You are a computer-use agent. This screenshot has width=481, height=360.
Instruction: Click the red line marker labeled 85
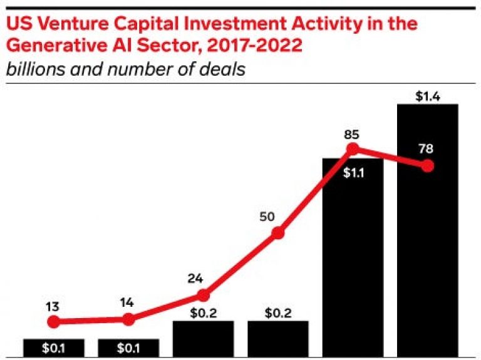click(353, 149)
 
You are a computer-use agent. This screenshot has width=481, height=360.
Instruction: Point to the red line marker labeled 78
click(428, 167)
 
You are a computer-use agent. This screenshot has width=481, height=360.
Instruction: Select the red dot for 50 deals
click(277, 234)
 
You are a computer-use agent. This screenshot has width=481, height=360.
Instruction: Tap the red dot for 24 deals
click(202, 296)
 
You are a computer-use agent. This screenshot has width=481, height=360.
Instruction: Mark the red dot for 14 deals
click(128, 319)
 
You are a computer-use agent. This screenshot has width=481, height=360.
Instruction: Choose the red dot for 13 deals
click(53, 322)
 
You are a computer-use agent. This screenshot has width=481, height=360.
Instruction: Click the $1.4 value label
click(428, 96)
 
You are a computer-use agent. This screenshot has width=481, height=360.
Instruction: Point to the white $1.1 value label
click(353, 172)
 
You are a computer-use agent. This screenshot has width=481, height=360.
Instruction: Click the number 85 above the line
click(353, 133)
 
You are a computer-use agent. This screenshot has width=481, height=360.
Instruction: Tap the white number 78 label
click(428, 149)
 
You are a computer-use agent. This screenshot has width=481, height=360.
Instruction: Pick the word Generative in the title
click(46, 46)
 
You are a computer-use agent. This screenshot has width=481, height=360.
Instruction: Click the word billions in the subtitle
click(31, 69)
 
